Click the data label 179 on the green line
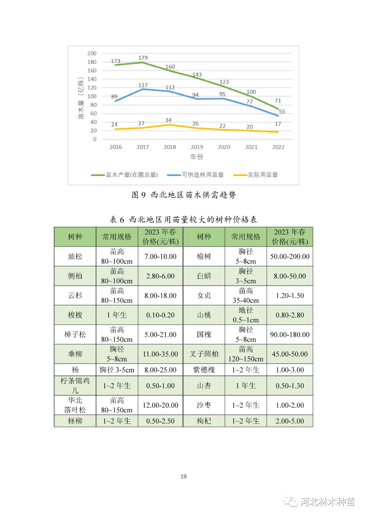coord(143,58)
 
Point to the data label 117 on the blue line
coord(143,85)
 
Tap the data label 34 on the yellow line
coord(168,120)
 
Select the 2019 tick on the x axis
coord(197,147)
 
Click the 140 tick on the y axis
coord(92,79)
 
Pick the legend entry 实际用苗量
coord(262,175)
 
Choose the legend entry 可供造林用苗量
coord(203,175)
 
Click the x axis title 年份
coord(197,157)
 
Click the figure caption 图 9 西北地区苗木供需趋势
coord(183,195)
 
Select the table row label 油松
coord(75,256)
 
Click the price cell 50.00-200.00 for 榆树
coord(290,256)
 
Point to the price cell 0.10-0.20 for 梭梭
coord(160,315)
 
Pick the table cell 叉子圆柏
coord(204,354)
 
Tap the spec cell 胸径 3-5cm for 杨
coord(117,370)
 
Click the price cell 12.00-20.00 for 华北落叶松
coord(160,405)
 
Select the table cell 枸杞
coord(204,421)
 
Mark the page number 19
coord(183,476)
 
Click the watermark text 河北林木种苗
coord(327,502)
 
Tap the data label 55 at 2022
coord(282,112)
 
